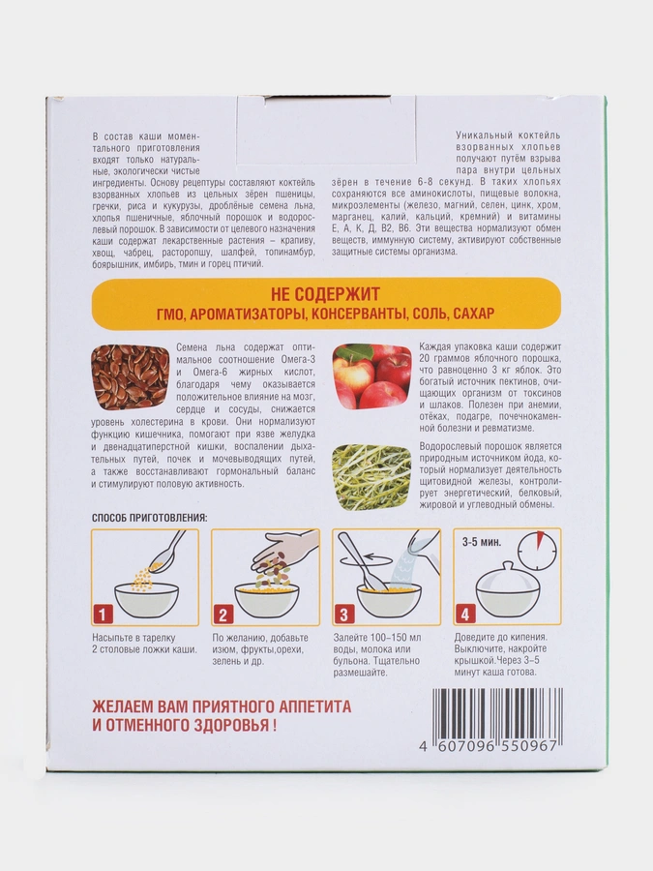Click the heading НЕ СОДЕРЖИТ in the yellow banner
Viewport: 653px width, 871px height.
(326, 293)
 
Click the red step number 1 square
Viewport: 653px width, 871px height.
(103, 615)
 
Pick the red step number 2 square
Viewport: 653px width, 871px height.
(223, 615)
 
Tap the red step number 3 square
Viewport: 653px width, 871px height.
(344, 615)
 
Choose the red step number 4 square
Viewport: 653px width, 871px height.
(465, 615)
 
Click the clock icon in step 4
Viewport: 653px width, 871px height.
(537, 550)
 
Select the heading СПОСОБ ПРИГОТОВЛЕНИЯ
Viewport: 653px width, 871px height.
(149, 518)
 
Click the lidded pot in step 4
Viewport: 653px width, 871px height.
(502, 590)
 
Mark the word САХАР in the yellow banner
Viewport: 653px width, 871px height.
(474, 315)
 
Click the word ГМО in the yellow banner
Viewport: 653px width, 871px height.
(170, 315)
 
